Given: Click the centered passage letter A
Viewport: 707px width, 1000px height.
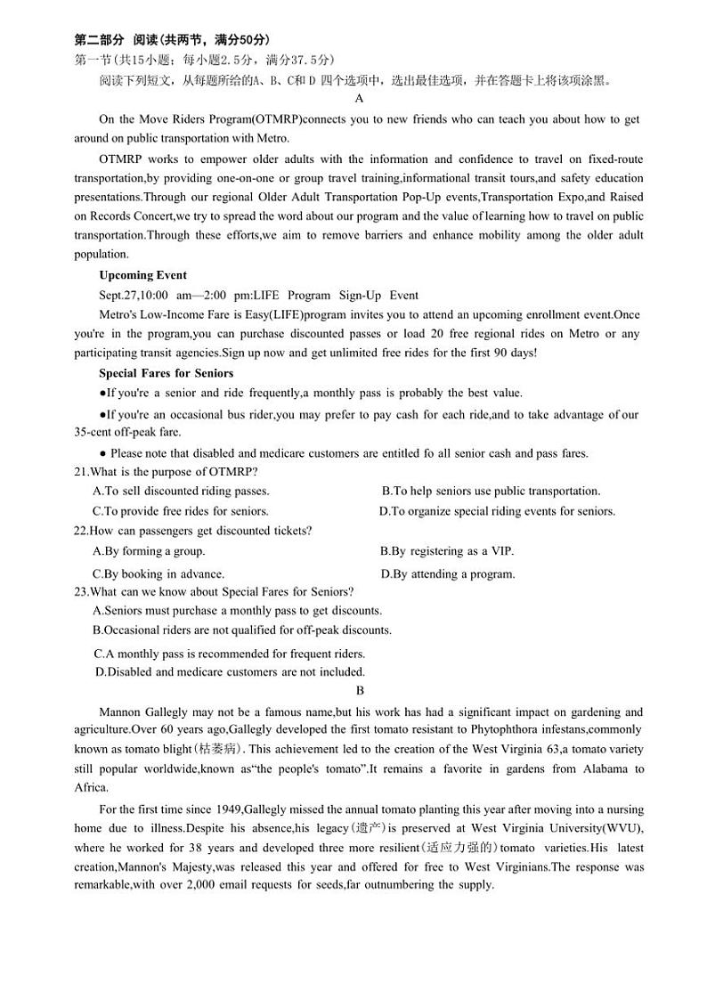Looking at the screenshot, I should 359,99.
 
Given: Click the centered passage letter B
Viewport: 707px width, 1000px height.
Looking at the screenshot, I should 360,690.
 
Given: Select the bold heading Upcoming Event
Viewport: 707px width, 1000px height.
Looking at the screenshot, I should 142,274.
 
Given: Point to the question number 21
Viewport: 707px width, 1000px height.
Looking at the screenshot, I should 81,471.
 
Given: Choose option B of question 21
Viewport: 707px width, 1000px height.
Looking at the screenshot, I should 491,491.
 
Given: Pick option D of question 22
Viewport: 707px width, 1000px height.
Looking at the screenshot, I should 448,573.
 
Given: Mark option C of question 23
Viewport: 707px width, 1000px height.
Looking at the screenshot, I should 230,654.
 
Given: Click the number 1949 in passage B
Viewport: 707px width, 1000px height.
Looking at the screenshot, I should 228,809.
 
